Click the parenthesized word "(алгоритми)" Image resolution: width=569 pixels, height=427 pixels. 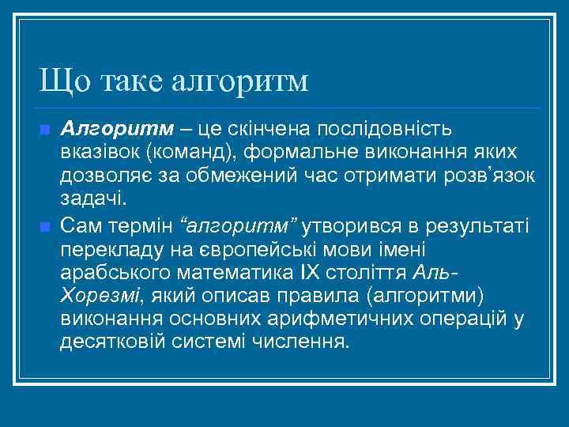(409, 297)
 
